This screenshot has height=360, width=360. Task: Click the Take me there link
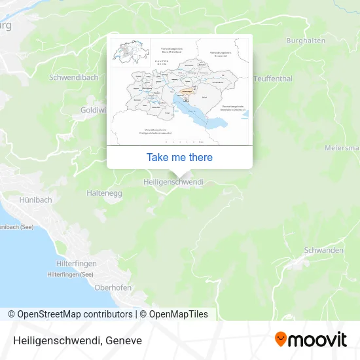(179, 157)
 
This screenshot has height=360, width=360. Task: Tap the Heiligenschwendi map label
(173, 182)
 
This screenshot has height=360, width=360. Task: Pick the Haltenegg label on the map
(104, 193)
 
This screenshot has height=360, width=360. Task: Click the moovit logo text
(317, 340)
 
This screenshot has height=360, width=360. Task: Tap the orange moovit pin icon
(281, 339)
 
